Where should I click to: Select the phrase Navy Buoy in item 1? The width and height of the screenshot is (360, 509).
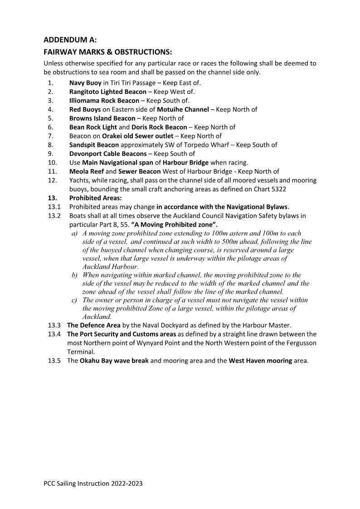pos(85,83)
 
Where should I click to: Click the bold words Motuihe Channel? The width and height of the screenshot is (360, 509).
pos(183,109)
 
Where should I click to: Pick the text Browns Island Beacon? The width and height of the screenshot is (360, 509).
pos(102,118)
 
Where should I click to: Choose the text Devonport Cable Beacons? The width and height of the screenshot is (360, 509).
pos(108,154)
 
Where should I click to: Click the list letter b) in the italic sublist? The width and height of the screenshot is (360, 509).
pos(74,275)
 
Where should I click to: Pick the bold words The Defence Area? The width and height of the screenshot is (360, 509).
pos(94,325)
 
